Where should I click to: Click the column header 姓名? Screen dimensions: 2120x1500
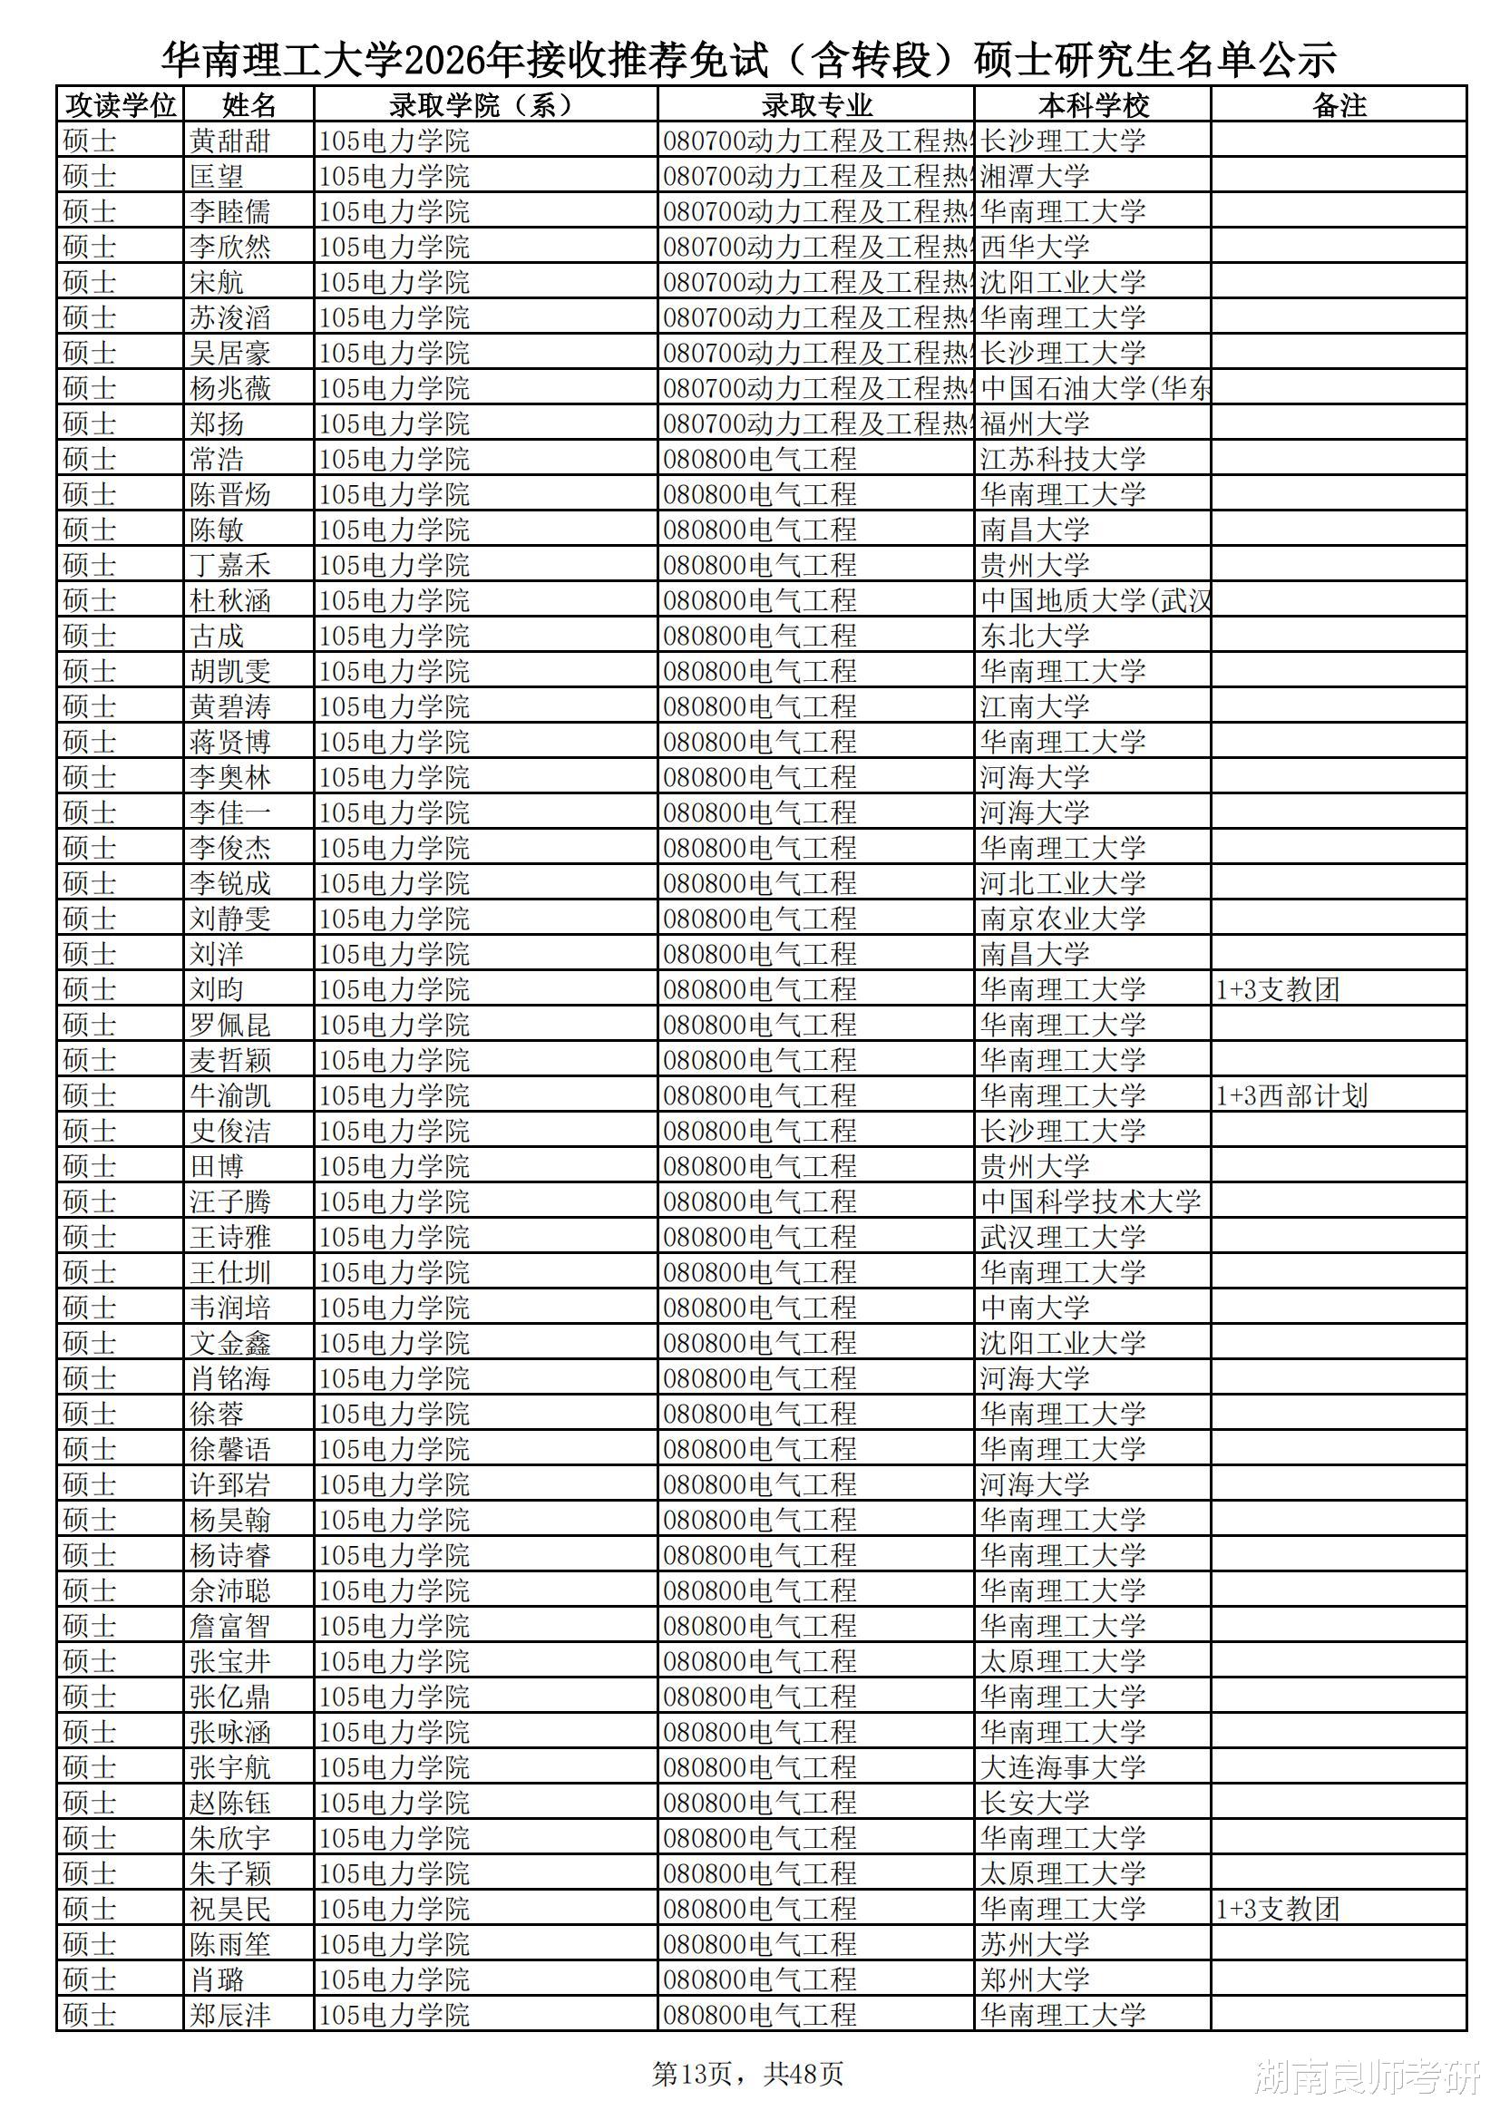click(248, 105)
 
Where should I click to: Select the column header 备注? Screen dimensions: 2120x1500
click(1339, 105)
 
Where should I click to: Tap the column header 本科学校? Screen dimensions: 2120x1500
click(1093, 105)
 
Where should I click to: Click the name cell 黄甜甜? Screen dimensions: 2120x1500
click(230, 141)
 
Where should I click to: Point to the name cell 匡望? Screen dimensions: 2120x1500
click(217, 176)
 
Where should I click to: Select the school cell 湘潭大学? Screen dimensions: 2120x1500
click(1035, 176)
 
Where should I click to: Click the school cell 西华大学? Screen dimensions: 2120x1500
click(1035, 247)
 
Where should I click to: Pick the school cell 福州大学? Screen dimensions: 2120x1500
click(1035, 423)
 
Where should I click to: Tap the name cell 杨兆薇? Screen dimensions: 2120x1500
click(230, 389)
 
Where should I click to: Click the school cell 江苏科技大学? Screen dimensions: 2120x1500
click(1062, 459)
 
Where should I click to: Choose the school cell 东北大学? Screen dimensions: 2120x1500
click(1035, 637)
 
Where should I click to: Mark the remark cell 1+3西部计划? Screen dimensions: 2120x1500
click(1291, 1096)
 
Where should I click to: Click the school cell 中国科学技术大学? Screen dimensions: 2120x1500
click(1090, 1201)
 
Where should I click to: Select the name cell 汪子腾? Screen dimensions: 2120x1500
click(230, 1201)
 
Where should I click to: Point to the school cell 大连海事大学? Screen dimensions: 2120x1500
click(1062, 1767)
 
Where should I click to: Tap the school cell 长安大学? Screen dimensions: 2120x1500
click(1035, 1803)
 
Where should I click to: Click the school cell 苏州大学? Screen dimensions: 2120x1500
click(1035, 1945)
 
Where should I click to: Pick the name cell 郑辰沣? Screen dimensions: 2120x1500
click(230, 2015)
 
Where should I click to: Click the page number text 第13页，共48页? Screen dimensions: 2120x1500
click(747, 2074)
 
